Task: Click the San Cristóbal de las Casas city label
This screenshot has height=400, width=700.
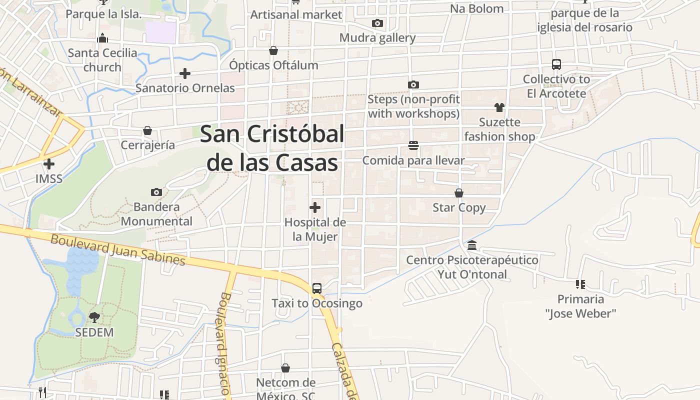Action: [272, 148]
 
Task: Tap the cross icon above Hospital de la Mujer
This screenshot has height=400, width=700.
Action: [315, 207]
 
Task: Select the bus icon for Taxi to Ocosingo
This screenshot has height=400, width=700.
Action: [317, 288]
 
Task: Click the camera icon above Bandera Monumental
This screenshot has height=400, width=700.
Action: [156, 192]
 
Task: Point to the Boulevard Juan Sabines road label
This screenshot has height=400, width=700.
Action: [118, 250]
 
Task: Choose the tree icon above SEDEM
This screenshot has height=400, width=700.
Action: [94, 317]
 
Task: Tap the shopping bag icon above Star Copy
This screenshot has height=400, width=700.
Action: [459, 193]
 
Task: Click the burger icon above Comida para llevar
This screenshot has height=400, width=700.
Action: [413, 145]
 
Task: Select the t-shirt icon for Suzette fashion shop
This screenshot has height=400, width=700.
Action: [499, 107]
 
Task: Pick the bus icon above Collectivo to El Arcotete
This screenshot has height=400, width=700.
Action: [556, 64]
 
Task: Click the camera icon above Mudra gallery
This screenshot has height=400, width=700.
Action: [377, 23]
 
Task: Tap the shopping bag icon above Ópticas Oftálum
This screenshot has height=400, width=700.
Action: [273, 50]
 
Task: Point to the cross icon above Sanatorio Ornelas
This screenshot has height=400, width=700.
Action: [185, 73]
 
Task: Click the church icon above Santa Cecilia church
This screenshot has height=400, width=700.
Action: [102, 38]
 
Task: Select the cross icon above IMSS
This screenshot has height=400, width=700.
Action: [49, 164]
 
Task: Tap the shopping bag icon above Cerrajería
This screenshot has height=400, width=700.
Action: [147, 130]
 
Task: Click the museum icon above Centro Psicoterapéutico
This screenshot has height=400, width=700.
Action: [472, 245]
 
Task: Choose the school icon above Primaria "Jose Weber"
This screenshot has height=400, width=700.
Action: [580, 284]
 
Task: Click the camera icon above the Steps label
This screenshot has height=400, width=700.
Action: [413, 84]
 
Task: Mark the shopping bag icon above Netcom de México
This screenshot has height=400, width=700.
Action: [285, 368]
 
